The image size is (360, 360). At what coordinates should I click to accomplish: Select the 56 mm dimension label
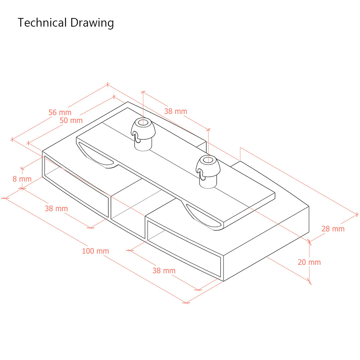pos(60,112)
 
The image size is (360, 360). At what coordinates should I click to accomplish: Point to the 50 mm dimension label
pos(71,120)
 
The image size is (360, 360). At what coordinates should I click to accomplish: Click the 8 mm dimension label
pos(22,179)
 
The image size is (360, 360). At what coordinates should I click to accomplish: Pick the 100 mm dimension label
pos(95,251)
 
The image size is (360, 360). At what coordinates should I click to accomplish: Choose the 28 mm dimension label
pos(333,229)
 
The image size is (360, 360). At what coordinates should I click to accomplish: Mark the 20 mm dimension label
pos(309,262)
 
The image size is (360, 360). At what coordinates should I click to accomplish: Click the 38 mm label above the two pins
pos(176,111)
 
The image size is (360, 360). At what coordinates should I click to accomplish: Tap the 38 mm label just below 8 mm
pos(56,208)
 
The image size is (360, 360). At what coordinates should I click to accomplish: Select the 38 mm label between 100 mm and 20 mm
pos(164,271)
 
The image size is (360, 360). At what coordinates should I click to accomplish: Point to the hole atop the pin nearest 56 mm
pos(143,122)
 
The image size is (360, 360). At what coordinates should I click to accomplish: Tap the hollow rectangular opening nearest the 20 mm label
pos(184,248)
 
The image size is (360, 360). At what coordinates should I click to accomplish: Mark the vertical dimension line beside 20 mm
pos(309,262)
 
